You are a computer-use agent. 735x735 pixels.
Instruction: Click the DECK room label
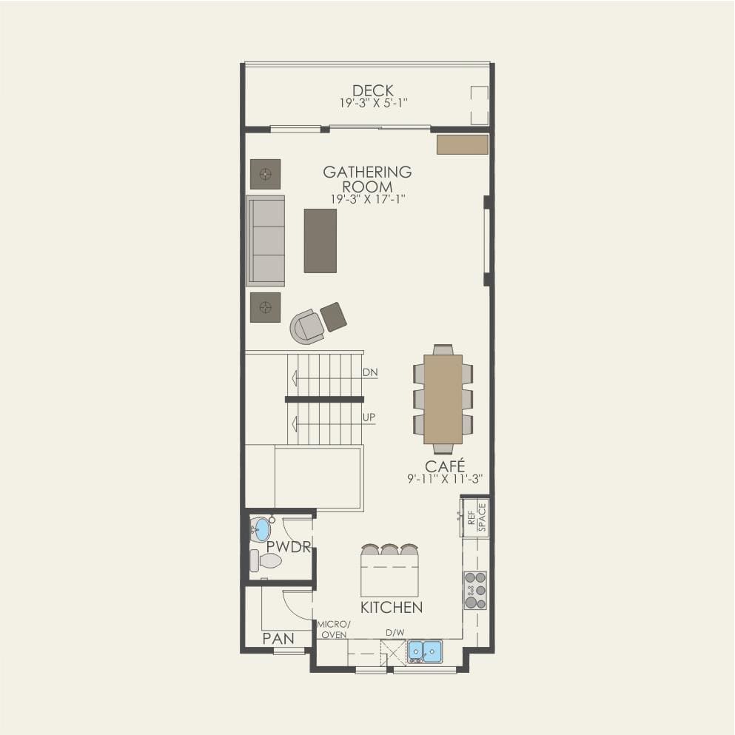point(372,91)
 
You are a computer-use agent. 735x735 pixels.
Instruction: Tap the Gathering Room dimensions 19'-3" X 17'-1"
point(367,199)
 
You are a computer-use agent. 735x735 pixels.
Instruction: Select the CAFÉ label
point(444,466)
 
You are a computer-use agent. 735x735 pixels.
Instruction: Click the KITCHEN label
point(391,608)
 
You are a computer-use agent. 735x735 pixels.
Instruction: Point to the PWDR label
point(288,547)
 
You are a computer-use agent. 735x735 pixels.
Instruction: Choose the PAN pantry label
point(278,638)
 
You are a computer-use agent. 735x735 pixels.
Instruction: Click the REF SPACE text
point(477,517)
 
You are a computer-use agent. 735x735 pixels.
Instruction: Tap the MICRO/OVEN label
point(333,630)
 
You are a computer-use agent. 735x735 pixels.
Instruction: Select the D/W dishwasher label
point(395,633)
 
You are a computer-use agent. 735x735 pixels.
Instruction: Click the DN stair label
point(370,373)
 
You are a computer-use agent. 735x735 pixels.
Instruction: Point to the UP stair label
point(369,418)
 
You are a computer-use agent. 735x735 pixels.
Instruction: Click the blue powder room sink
point(261,529)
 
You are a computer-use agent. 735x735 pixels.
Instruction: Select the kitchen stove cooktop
point(475,590)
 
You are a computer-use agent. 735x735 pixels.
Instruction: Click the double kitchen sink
point(425,651)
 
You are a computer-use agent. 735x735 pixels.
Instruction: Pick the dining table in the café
point(443,399)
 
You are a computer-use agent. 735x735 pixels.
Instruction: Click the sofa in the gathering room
point(266,241)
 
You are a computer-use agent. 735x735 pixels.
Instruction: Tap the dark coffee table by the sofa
point(320,241)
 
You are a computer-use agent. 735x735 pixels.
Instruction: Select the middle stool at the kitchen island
point(389,550)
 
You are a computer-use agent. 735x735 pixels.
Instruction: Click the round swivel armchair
point(307,326)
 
